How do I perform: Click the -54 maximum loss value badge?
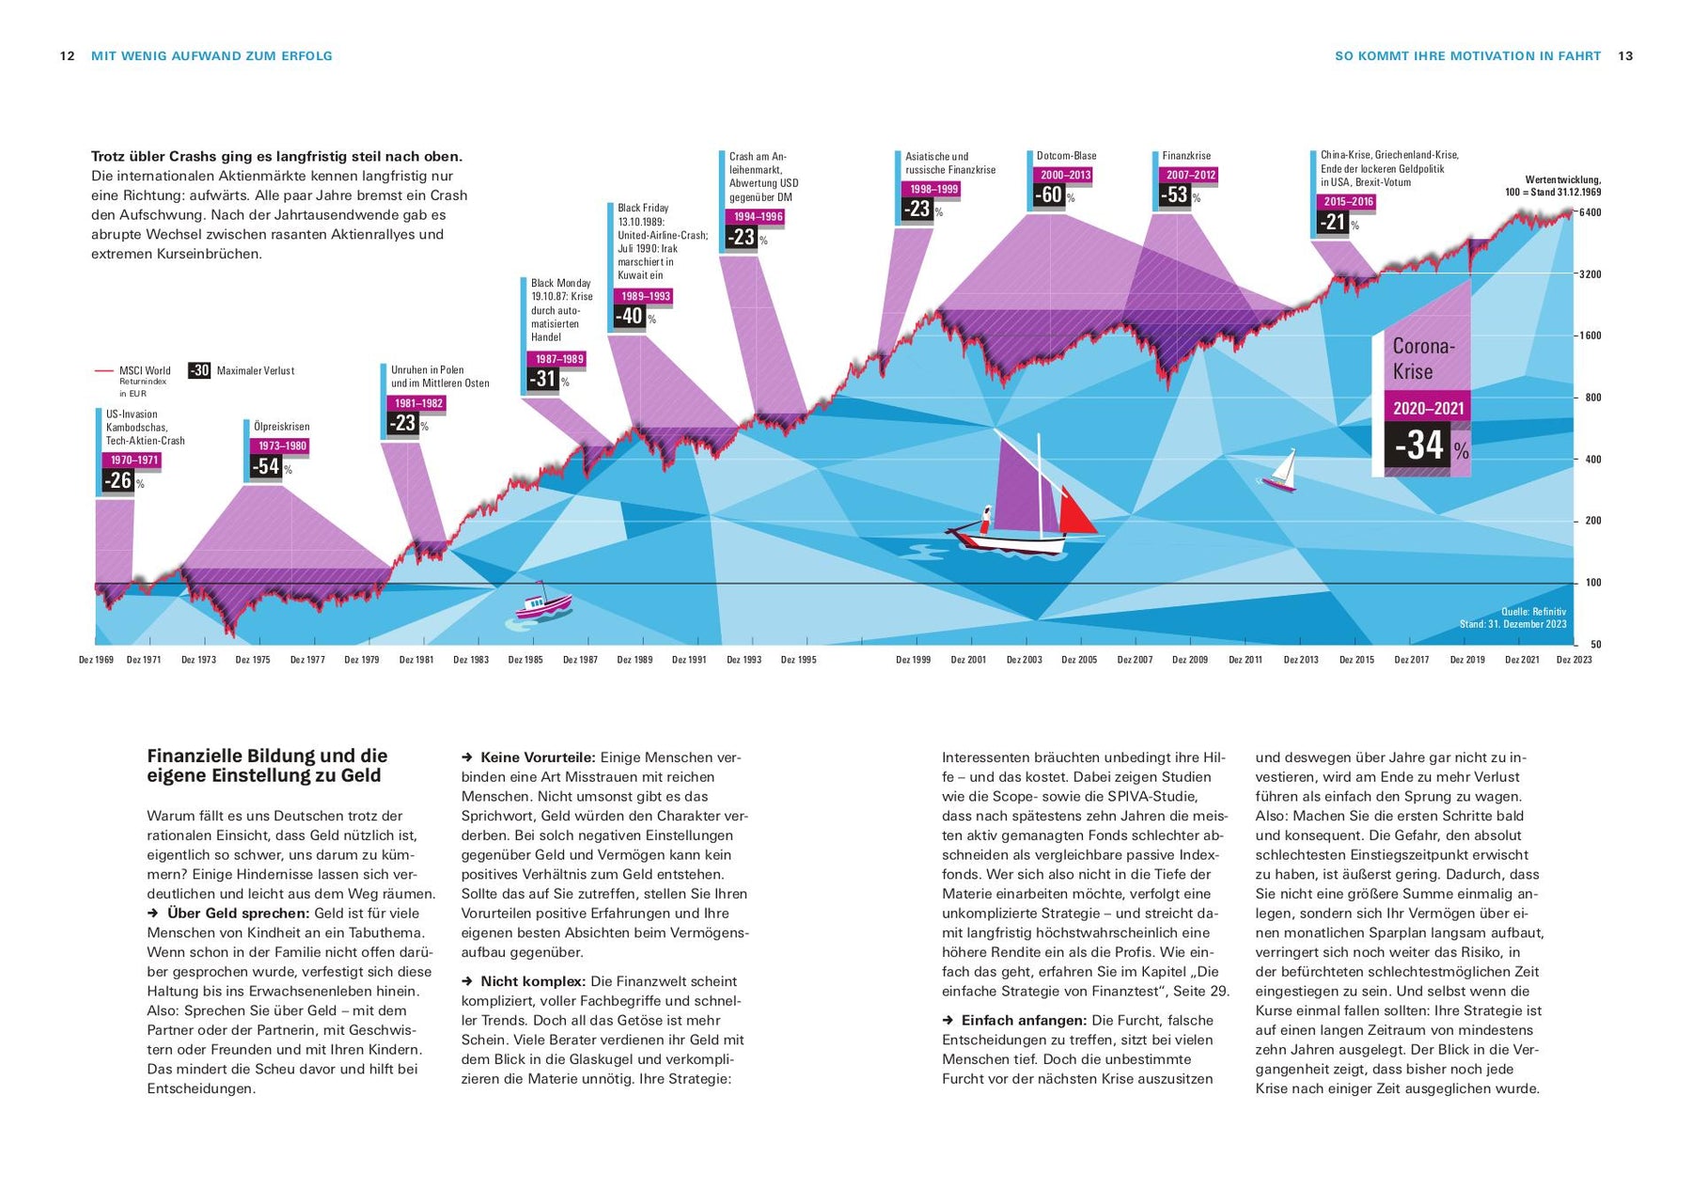267,465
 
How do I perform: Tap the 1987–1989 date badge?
559,359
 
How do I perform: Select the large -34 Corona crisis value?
1419,445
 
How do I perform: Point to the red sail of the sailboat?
1076,513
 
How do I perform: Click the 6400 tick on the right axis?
1590,212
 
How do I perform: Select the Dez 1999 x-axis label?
914,660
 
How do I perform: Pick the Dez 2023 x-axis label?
1574,660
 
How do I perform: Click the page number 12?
67,56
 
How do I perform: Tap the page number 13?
1625,56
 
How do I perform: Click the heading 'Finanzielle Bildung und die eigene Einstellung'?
267,765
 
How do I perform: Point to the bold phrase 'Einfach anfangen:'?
1024,1021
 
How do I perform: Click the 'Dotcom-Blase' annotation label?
1066,156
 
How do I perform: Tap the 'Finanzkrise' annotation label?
1186,156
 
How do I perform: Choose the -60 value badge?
1048,195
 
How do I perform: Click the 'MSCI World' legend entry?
145,371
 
